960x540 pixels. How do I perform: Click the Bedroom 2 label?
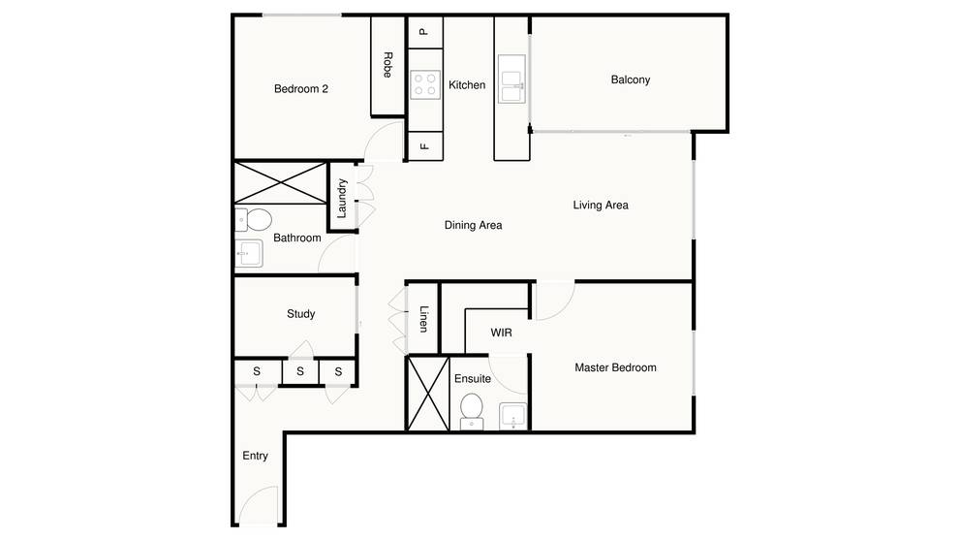300,89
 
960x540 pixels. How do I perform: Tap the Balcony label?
630,79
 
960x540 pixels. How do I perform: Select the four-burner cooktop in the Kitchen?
425,84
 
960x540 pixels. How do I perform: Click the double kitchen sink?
511,79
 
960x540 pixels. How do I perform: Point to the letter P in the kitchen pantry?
423,33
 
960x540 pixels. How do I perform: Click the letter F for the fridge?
423,146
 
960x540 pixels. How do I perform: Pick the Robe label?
387,65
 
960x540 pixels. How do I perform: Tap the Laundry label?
342,198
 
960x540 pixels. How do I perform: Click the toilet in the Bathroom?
254,219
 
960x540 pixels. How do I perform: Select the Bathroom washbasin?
249,253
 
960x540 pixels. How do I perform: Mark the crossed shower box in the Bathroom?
280,182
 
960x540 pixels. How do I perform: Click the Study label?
300,314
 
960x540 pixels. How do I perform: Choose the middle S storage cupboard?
300,371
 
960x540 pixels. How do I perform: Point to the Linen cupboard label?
423,319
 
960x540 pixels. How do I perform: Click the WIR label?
502,333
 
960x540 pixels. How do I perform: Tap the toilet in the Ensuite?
472,411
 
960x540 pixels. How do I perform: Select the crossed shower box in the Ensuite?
428,394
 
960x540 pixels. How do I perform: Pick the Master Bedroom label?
615,367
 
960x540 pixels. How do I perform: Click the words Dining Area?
474,226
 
